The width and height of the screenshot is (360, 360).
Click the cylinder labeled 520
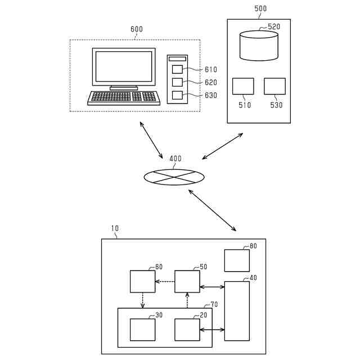259,46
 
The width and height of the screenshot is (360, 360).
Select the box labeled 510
243,86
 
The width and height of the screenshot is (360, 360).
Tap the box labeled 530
274,86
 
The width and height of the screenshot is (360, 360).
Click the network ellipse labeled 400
174,177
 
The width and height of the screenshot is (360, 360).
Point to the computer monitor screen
124,66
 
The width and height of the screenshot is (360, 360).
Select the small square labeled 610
177,69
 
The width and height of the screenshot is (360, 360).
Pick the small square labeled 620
177,82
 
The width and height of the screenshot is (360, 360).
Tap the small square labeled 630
177,95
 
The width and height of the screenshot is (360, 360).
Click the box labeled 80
237,260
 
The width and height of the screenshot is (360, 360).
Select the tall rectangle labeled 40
237,310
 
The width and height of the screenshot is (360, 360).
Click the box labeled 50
187,281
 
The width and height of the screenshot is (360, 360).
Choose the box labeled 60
142,281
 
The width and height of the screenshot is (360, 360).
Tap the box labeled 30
142,330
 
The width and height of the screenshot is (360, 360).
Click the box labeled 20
187,330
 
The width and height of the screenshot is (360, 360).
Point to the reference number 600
137,29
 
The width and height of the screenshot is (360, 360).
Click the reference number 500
260,8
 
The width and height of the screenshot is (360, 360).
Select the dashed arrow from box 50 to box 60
165,281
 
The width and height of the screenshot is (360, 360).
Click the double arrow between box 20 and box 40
212,330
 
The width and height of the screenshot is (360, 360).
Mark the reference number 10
115,228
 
